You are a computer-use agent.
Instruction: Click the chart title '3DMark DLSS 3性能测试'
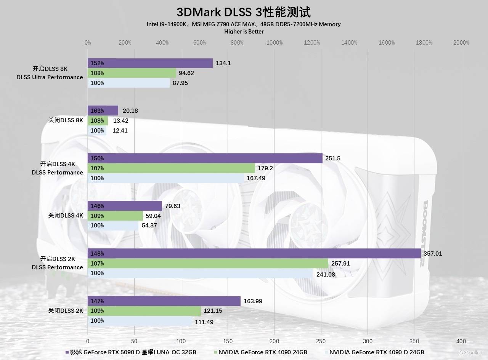(x=244, y=12)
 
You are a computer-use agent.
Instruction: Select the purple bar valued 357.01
(x=254, y=254)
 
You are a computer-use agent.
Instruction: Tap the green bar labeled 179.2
(x=171, y=168)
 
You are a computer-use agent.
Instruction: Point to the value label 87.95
(x=180, y=83)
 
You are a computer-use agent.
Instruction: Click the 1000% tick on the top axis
(x=274, y=43)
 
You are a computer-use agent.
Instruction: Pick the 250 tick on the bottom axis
(x=321, y=341)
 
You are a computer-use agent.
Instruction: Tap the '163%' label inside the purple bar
(x=97, y=111)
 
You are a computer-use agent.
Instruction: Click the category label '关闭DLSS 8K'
(x=66, y=120)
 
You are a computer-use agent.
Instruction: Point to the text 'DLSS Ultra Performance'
(x=50, y=77)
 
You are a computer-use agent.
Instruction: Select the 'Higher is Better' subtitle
(x=244, y=32)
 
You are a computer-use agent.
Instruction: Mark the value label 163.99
(x=253, y=301)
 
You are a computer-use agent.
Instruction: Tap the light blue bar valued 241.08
(x=200, y=273)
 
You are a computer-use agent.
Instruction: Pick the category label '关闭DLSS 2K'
(x=66, y=311)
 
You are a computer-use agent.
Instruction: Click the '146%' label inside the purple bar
(x=97, y=206)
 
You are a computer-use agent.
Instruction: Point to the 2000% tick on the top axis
(x=461, y=43)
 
